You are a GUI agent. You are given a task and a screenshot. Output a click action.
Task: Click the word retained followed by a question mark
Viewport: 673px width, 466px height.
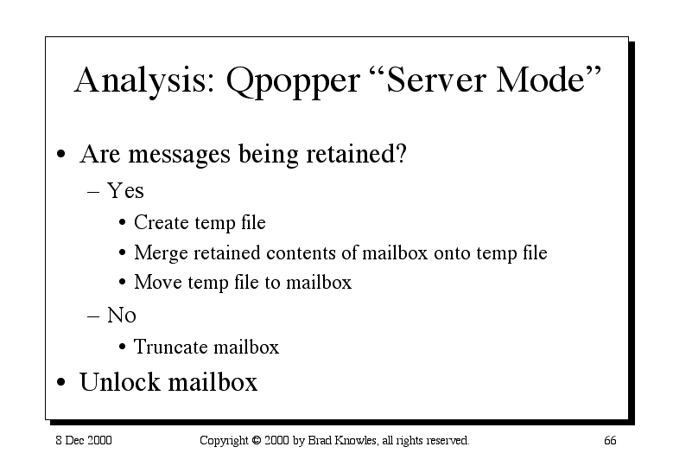(356, 153)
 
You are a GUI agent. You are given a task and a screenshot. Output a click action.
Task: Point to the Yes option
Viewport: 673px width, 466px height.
(125, 190)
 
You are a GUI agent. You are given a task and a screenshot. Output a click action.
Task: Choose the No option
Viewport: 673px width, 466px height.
(122, 315)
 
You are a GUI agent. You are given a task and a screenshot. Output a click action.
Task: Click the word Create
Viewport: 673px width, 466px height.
(161, 222)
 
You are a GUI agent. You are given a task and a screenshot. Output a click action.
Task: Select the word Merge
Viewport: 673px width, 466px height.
(161, 253)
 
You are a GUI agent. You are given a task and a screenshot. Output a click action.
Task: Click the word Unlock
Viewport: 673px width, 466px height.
(120, 382)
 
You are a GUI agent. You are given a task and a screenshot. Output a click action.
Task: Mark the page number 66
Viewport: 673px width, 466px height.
(610, 440)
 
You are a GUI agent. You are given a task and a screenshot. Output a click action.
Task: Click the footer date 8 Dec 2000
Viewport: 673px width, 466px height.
(84, 440)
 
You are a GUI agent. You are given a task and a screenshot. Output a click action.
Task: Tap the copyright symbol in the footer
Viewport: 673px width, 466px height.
(257, 440)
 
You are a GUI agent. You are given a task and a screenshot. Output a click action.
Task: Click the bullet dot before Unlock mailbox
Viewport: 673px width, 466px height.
(61, 382)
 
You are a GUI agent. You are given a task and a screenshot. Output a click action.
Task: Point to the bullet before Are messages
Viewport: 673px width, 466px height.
(61, 154)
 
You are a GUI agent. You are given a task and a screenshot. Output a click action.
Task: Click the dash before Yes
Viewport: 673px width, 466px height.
(93, 192)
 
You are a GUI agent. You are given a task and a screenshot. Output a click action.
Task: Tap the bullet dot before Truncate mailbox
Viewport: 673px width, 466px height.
(123, 347)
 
